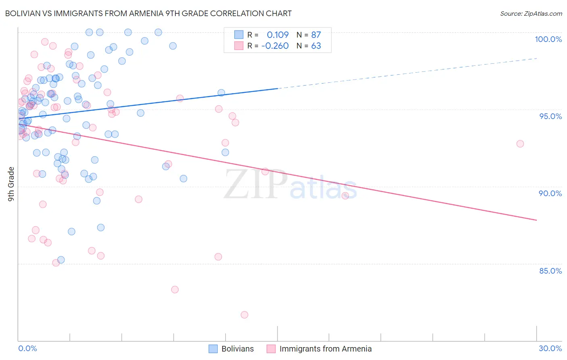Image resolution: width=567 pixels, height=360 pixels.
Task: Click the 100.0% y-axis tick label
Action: pos(548,39)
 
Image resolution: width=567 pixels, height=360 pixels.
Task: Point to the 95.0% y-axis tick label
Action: pos(550,116)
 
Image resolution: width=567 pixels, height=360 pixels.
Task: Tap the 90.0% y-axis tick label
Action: pos(550,193)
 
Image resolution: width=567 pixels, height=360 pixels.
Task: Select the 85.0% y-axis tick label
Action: pos(550,271)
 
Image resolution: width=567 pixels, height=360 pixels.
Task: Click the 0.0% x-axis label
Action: pos(27,348)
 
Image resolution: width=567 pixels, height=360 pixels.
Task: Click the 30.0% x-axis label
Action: pos(550,348)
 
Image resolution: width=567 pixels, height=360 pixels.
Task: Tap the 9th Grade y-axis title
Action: pos(11,184)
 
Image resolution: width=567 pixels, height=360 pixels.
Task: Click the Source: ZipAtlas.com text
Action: pos(531,13)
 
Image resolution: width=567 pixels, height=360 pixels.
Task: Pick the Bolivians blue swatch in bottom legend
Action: pos(213,349)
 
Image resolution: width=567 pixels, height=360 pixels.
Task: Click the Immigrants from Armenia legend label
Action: pos(325,349)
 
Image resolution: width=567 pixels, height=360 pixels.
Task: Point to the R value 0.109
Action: pos(277,35)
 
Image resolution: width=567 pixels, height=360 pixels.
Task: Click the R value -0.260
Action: pos(275,46)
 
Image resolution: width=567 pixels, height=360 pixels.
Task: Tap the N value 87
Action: pos(316,35)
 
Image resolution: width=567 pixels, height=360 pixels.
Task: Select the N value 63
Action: pos(316,46)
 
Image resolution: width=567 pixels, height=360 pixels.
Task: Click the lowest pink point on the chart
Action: pos(244,315)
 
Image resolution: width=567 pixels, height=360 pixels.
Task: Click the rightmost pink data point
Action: pos(520,144)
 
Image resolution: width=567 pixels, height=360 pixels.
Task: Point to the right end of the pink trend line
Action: pos(536,220)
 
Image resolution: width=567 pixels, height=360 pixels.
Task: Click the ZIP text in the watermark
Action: pos(255,184)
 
